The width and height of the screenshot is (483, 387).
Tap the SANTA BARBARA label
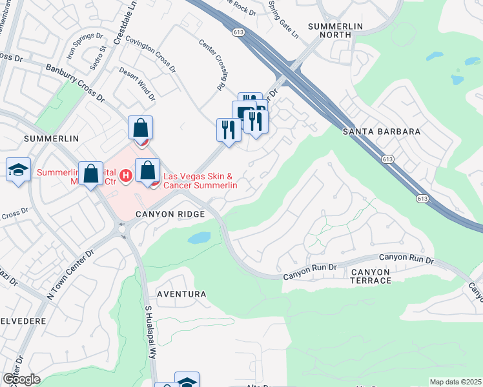pyautogui.click(x=381, y=131)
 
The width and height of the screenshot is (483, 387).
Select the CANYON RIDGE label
pyautogui.click(x=170, y=213)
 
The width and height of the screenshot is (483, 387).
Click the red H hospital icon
pyautogui.click(x=127, y=174)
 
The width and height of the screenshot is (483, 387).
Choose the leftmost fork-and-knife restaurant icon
pyautogui.click(x=228, y=129)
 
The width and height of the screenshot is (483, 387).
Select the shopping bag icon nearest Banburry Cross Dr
pyautogui.click(x=140, y=127)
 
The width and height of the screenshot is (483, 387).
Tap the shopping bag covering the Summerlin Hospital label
pyautogui.click(x=91, y=173)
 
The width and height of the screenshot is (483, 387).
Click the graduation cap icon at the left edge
pyautogui.click(x=19, y=170)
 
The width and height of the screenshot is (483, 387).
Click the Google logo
pyautogui.click(x=21, y=379)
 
